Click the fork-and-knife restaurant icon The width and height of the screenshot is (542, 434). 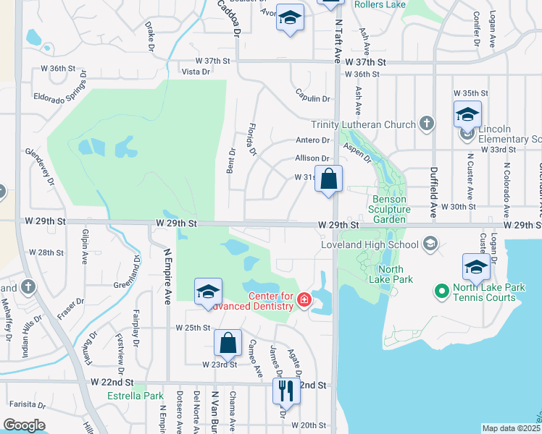(x=285, y=391)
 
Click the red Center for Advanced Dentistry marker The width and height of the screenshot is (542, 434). (x=304, y=299)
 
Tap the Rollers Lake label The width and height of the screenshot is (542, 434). (x=380, y=4)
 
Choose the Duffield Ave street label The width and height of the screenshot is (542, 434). (x=433, y=183)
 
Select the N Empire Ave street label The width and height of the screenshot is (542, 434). (x=167, y=275)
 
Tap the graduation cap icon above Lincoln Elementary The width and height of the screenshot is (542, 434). (x=467, y=114)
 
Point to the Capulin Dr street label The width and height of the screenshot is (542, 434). (x=312, y=99)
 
